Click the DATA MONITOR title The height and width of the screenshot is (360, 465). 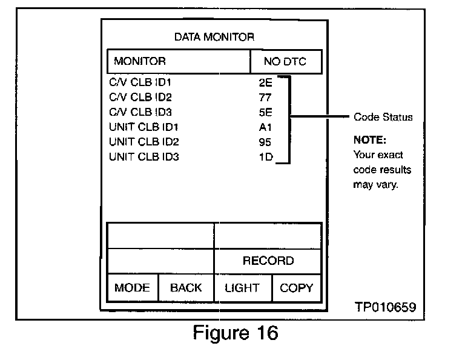[x=214, y=37]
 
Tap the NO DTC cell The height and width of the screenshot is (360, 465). [x=285, y=61]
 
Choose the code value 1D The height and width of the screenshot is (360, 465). [x=265, y=158]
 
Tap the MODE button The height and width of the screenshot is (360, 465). [x=132, y=288]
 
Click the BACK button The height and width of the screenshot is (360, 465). [x=186, y=288]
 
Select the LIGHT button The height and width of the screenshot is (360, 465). [x=242, y=288]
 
